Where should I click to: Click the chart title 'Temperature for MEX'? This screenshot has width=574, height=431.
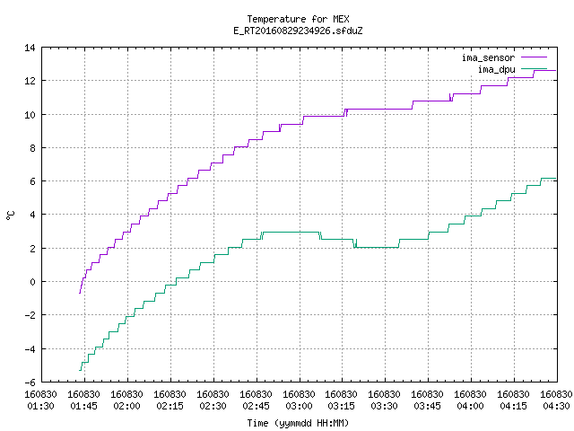[298, 19]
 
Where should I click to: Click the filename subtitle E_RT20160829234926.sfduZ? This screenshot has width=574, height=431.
[298, 31]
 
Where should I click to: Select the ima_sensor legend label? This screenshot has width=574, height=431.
[488, 57]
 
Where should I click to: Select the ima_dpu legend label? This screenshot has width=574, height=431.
[496, 69]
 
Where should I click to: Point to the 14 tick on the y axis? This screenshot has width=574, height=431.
[30, 48]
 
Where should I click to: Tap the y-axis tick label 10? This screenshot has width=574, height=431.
[30, 115]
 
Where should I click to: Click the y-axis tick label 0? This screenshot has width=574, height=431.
[33, 282]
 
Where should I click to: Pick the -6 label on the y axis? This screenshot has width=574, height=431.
[30, 383]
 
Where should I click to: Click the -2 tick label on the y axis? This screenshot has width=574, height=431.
[30, 315]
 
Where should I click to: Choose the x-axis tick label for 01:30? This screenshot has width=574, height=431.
[40, 400]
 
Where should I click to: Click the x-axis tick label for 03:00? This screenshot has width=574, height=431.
[299, 400]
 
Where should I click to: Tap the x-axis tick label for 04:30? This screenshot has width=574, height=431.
[556, 400]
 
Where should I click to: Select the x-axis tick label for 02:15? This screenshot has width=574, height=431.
[170, 400]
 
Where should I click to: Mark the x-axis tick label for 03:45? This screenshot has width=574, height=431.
[427, 400]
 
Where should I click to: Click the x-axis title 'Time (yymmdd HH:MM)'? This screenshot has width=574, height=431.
[298, 423]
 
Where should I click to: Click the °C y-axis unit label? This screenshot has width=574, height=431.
[11, 215]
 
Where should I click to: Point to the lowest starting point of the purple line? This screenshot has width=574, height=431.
[80, 293]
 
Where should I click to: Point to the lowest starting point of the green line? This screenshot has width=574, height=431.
[80, 370]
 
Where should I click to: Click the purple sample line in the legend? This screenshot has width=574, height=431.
[534, 57]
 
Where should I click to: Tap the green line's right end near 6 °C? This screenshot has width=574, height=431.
[556, 179]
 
